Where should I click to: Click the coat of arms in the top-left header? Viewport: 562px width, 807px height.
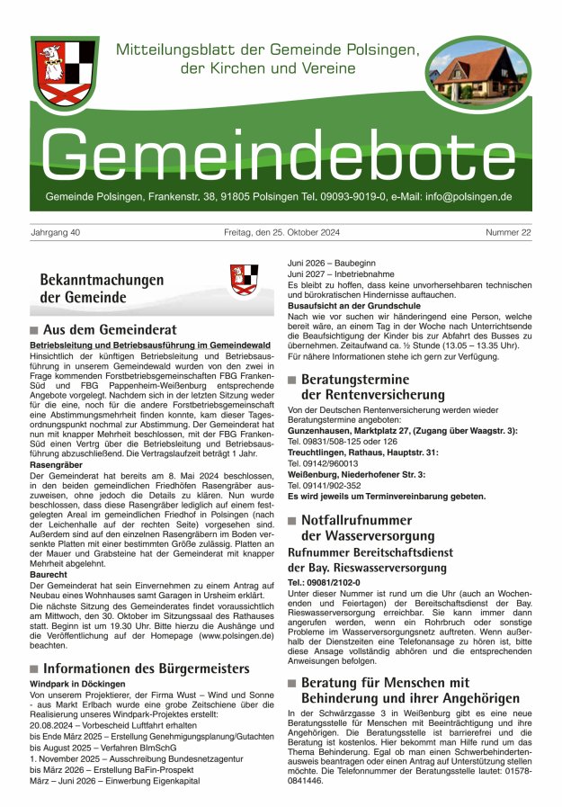[x=65, y=74]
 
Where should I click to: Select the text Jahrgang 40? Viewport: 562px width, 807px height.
[x=56, y=233]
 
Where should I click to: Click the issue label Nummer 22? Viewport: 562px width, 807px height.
[x=507, y=233]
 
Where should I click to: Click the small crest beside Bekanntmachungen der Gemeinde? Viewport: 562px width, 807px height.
[x=244, y=279]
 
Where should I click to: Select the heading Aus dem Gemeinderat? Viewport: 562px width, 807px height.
[x=110, y=329]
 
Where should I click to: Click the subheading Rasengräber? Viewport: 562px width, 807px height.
[x=56, y=465]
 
